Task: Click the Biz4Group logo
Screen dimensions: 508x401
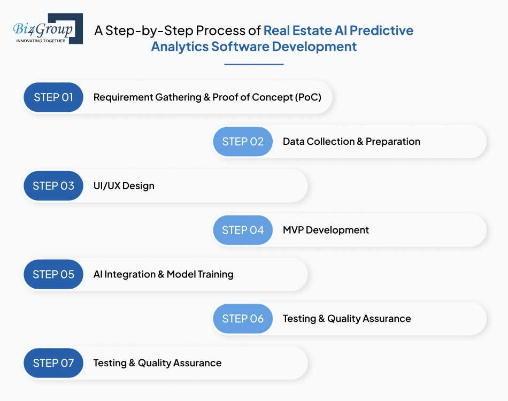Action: coord(48,28)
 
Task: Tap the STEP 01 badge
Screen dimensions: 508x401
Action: coord(53,97)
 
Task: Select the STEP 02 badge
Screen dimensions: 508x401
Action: coord(243,142)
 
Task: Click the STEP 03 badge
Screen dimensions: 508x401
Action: coord(53,186)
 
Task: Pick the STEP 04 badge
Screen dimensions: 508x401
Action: coord(243,230)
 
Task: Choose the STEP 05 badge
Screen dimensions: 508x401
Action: coord(53,274)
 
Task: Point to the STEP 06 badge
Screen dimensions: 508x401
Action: coord(243,319)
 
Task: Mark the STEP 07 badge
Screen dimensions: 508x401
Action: coord(53,363)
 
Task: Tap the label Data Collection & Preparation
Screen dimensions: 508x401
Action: coord(351,142)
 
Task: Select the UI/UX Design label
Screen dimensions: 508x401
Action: coord(124,186)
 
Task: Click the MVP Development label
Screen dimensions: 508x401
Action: coord(326,230)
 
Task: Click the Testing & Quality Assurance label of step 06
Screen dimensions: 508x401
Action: coord(347,319)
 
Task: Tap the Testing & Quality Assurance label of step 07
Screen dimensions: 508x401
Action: coord(157,363)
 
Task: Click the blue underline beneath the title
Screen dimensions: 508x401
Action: coord(254,65)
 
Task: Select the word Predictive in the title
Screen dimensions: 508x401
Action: coord(382,30)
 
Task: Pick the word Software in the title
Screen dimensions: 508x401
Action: coord(240,47)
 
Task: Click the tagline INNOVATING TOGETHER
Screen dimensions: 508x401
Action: coord(41,41)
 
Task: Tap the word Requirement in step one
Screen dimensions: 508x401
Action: coord(123,97)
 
